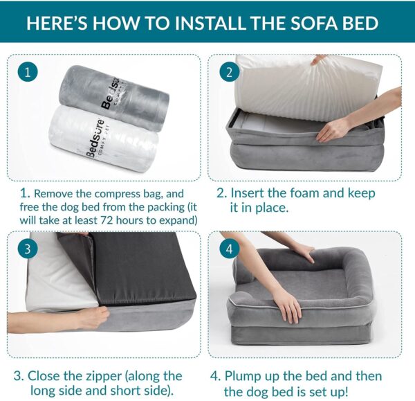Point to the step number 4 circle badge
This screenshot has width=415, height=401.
pyautogui.click(x=228, y=248)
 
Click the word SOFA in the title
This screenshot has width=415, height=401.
pyautogui.click(x=291, y=23)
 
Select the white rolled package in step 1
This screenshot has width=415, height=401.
pyautogui.click(x=114, y=139)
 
